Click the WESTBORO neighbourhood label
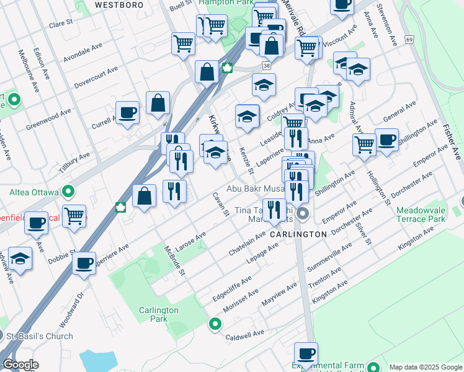pyautogui.click(x=119, y=4)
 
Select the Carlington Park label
pyautogui.click(x=159, y=314)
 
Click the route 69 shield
pyautogui.click(x=409, y=39)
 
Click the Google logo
pyautogui.click(x=20, y=365)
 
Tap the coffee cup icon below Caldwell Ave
pyautogui.click(x=306, y=354)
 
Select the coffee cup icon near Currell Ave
pyautogui.click(x=128, y=113)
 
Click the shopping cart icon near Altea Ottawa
pyautogui.click(x=74, y=216)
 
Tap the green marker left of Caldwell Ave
pyautogui.click(x=215, y=323)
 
